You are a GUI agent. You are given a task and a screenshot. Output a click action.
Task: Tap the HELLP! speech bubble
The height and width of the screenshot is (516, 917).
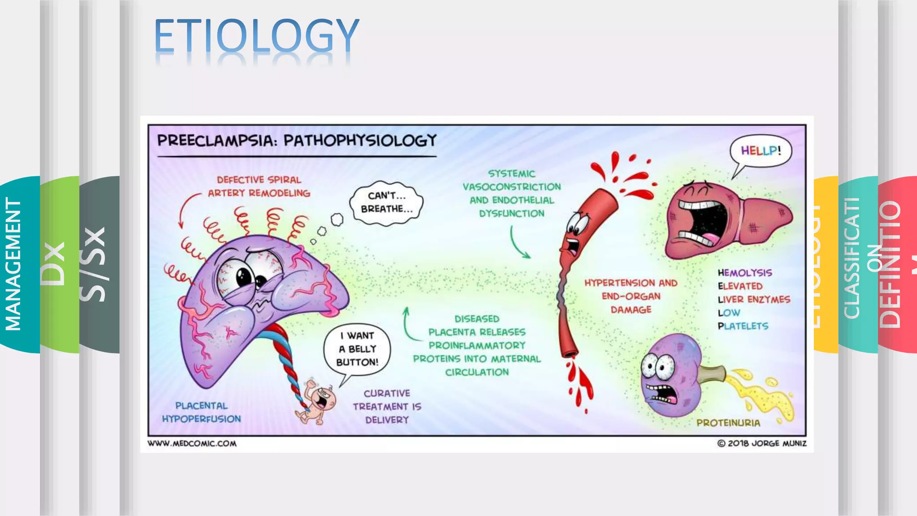point(761,151)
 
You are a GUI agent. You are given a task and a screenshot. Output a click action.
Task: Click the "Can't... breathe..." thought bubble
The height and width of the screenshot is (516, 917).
point(386,202)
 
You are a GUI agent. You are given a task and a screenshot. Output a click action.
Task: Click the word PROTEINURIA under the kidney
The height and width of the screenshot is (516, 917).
point(728,423)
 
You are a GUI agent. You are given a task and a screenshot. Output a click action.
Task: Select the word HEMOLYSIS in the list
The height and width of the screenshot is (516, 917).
point(745,273)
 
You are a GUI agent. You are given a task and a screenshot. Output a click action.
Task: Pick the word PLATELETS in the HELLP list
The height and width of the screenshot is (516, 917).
point(743,326)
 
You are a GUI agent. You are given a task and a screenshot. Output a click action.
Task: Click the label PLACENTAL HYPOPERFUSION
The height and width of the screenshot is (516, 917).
point(201,412)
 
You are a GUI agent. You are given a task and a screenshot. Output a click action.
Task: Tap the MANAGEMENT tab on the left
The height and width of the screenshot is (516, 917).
point(13,264)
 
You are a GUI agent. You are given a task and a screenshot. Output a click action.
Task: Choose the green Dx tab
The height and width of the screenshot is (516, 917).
point(54,264)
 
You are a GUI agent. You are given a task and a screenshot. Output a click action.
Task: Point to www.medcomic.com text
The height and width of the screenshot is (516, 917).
point(192,443)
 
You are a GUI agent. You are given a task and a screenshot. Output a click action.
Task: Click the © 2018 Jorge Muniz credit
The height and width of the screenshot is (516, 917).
point(762,443)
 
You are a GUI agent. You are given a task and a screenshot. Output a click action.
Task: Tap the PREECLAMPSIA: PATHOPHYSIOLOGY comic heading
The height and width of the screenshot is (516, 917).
point(296,141)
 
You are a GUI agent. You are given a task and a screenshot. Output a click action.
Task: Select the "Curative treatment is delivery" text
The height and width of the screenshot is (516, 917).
point(387,406)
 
